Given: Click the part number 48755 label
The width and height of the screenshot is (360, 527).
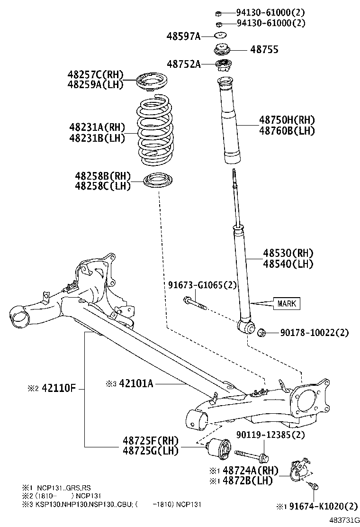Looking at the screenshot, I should (x=264, y=50).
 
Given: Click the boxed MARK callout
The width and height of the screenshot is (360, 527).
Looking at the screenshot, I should (x=287, y=303).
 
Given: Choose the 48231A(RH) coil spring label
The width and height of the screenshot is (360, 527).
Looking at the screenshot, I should (x=96, y=127).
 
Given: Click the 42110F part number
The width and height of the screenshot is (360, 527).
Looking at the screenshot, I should (x=59, y=388).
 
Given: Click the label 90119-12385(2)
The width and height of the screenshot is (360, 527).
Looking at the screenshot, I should (x=270, y=435).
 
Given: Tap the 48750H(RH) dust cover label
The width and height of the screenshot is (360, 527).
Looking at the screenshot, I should (x=287, y=120).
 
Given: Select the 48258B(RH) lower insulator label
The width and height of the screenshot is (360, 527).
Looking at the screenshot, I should (x=102, y=175).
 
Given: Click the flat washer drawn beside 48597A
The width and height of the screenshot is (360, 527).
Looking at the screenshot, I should (x=220, y=36).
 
